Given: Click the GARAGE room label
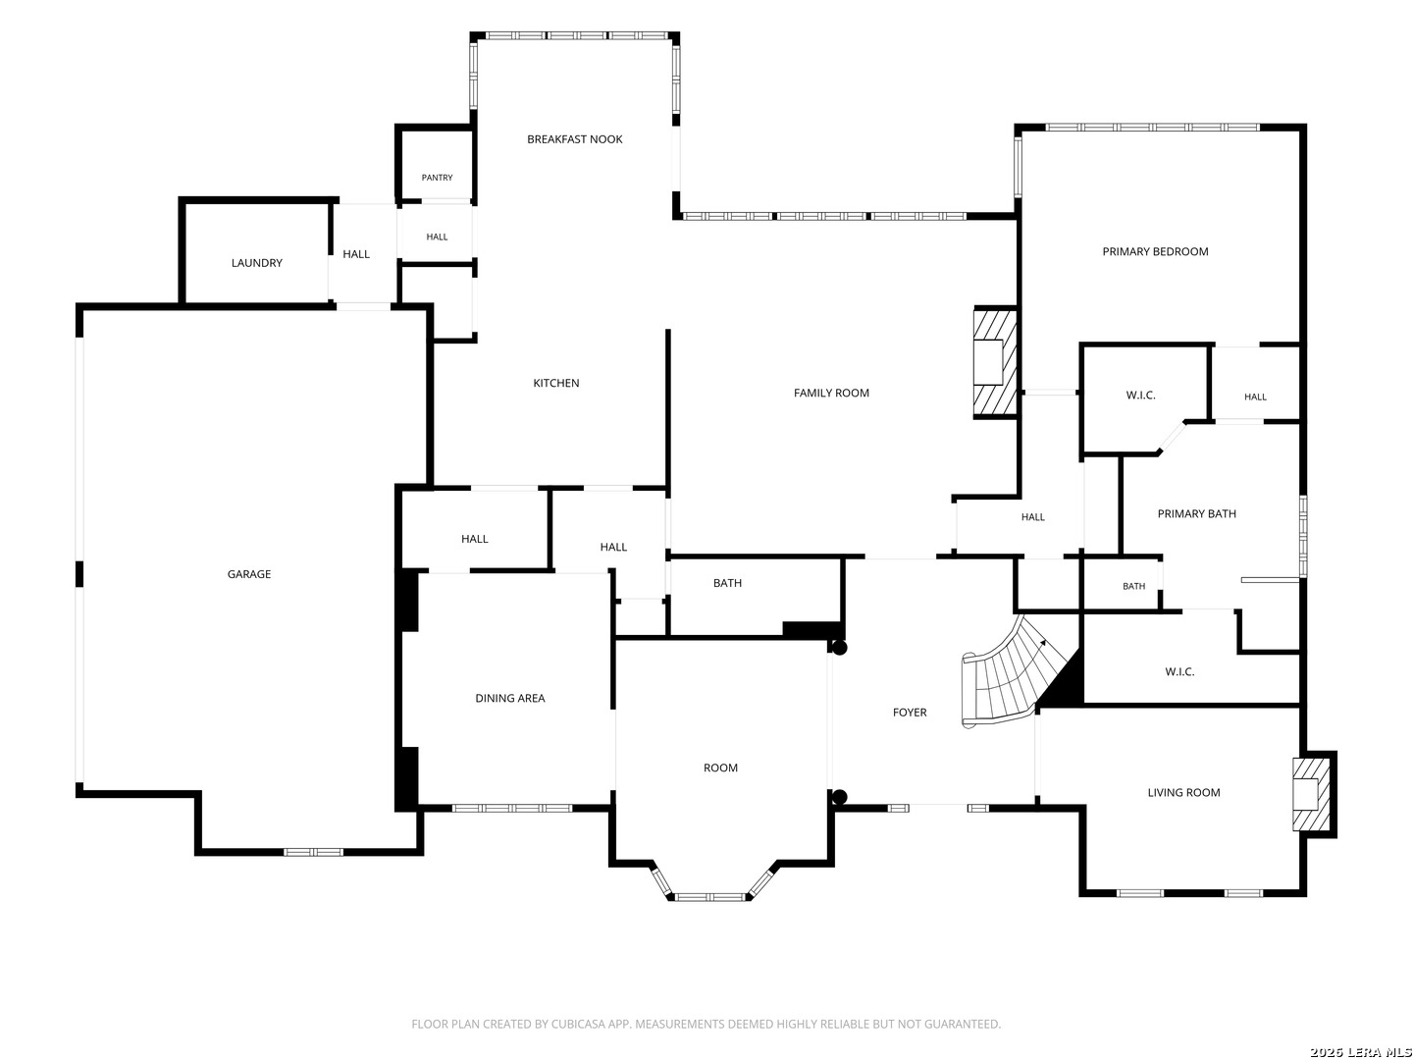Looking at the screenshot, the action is tap(248, 573).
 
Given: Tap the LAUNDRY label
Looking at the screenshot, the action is tap(256, 263).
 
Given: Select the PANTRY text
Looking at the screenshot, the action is tap(437, 177).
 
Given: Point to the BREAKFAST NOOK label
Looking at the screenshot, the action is tap(574, 139).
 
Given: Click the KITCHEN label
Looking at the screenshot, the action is tap(555, 383).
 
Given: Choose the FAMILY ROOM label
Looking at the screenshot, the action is tap(830, 393).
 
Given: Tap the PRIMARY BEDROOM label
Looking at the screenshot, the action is tap(1154, 251).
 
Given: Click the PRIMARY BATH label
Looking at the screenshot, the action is tap(1196, 513).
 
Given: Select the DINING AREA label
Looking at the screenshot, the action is tap(509, 698).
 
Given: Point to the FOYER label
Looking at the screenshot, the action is tap(909, 712).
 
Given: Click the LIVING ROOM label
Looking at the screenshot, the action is tap(1183, 792).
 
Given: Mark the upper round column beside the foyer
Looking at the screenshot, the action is tap(839, 648).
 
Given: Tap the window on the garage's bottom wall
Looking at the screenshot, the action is tap(313, 852).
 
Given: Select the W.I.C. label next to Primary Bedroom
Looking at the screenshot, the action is tap(1140, 396).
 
